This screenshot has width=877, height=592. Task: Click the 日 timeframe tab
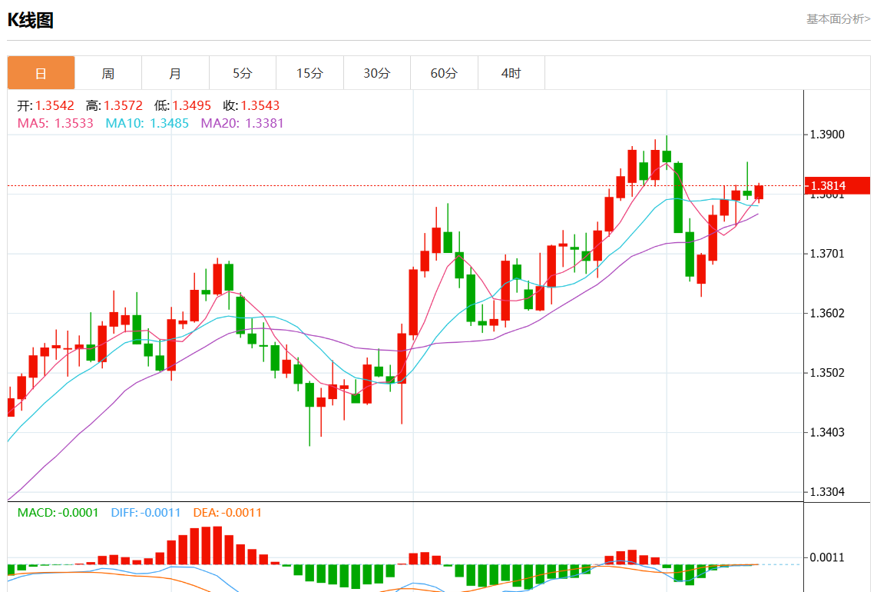coord(41,73)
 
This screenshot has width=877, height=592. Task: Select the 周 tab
coord(108,73)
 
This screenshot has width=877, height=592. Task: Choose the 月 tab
coord(175,73)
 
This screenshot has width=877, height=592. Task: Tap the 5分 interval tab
coord(243,73)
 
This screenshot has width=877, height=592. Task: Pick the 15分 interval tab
coord(309,73)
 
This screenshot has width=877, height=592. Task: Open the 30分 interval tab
coord(377,73)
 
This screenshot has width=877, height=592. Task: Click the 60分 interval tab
coord(444,73)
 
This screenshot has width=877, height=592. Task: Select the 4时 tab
coord(511,73)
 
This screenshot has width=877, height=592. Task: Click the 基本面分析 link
coord(838,19)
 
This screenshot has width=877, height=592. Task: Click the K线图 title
coord(31,21)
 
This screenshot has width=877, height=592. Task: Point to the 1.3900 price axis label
coord(828,135)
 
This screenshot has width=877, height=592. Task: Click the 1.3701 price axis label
coord(828,254)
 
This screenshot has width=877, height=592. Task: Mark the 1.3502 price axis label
coord(828,373)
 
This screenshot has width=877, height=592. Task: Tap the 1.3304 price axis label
coord(828,492)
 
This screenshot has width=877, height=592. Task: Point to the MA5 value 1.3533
coord(74,122)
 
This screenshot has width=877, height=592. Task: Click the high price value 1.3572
coord(123,105)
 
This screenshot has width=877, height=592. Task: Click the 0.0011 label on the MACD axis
coord(828,557)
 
